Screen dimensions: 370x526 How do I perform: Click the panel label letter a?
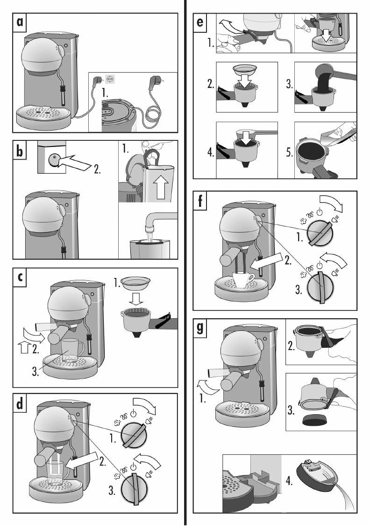(20, 22)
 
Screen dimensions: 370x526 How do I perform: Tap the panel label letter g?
(200, 328)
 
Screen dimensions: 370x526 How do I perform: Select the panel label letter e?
(200, 22)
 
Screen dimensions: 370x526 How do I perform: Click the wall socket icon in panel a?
(110, 79)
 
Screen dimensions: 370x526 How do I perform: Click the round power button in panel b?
(53, 160)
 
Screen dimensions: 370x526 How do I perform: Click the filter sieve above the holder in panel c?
(135, 283)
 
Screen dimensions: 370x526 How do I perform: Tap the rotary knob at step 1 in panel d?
(134, 435)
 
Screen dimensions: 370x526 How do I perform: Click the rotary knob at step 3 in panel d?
(134, 489)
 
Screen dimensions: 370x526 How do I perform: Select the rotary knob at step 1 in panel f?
(320, 233)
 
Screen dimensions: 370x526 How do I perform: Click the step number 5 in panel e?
(289, 152)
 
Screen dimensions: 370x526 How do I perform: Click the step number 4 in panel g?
(289, 481)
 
